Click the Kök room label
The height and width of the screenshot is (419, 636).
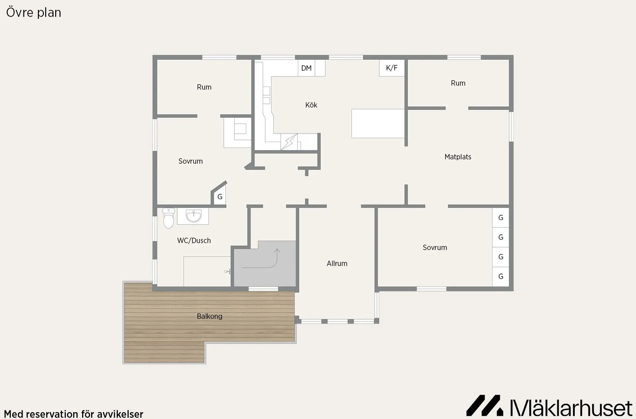coord(311,105)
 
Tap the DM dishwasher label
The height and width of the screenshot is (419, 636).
coord(306,68)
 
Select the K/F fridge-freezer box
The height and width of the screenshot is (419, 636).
coord(392,68)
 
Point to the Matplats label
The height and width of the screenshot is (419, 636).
coord(458,157)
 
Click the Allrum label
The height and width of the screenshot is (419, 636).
coord(337,263)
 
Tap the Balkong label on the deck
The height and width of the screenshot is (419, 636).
coord(210,316)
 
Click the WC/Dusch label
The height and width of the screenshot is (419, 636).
coord(194,241)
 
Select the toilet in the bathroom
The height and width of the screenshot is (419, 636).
coord(169,218)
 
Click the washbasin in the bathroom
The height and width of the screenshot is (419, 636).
coord(193,216)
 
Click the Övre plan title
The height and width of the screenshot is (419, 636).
coord(34,13)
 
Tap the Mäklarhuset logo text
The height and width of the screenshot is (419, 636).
coord(571,408)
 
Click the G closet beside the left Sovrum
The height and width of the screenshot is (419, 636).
coord(220,196)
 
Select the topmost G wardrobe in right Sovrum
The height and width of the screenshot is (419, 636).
coord(501,218)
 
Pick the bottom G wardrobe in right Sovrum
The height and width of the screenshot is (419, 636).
coord(501,277)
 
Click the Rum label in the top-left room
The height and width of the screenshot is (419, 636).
coord(204,87)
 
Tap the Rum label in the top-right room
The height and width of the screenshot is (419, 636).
coord(458,83)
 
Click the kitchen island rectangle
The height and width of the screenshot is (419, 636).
coord(378,123)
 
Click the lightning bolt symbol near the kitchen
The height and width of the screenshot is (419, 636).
coord(289,142)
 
